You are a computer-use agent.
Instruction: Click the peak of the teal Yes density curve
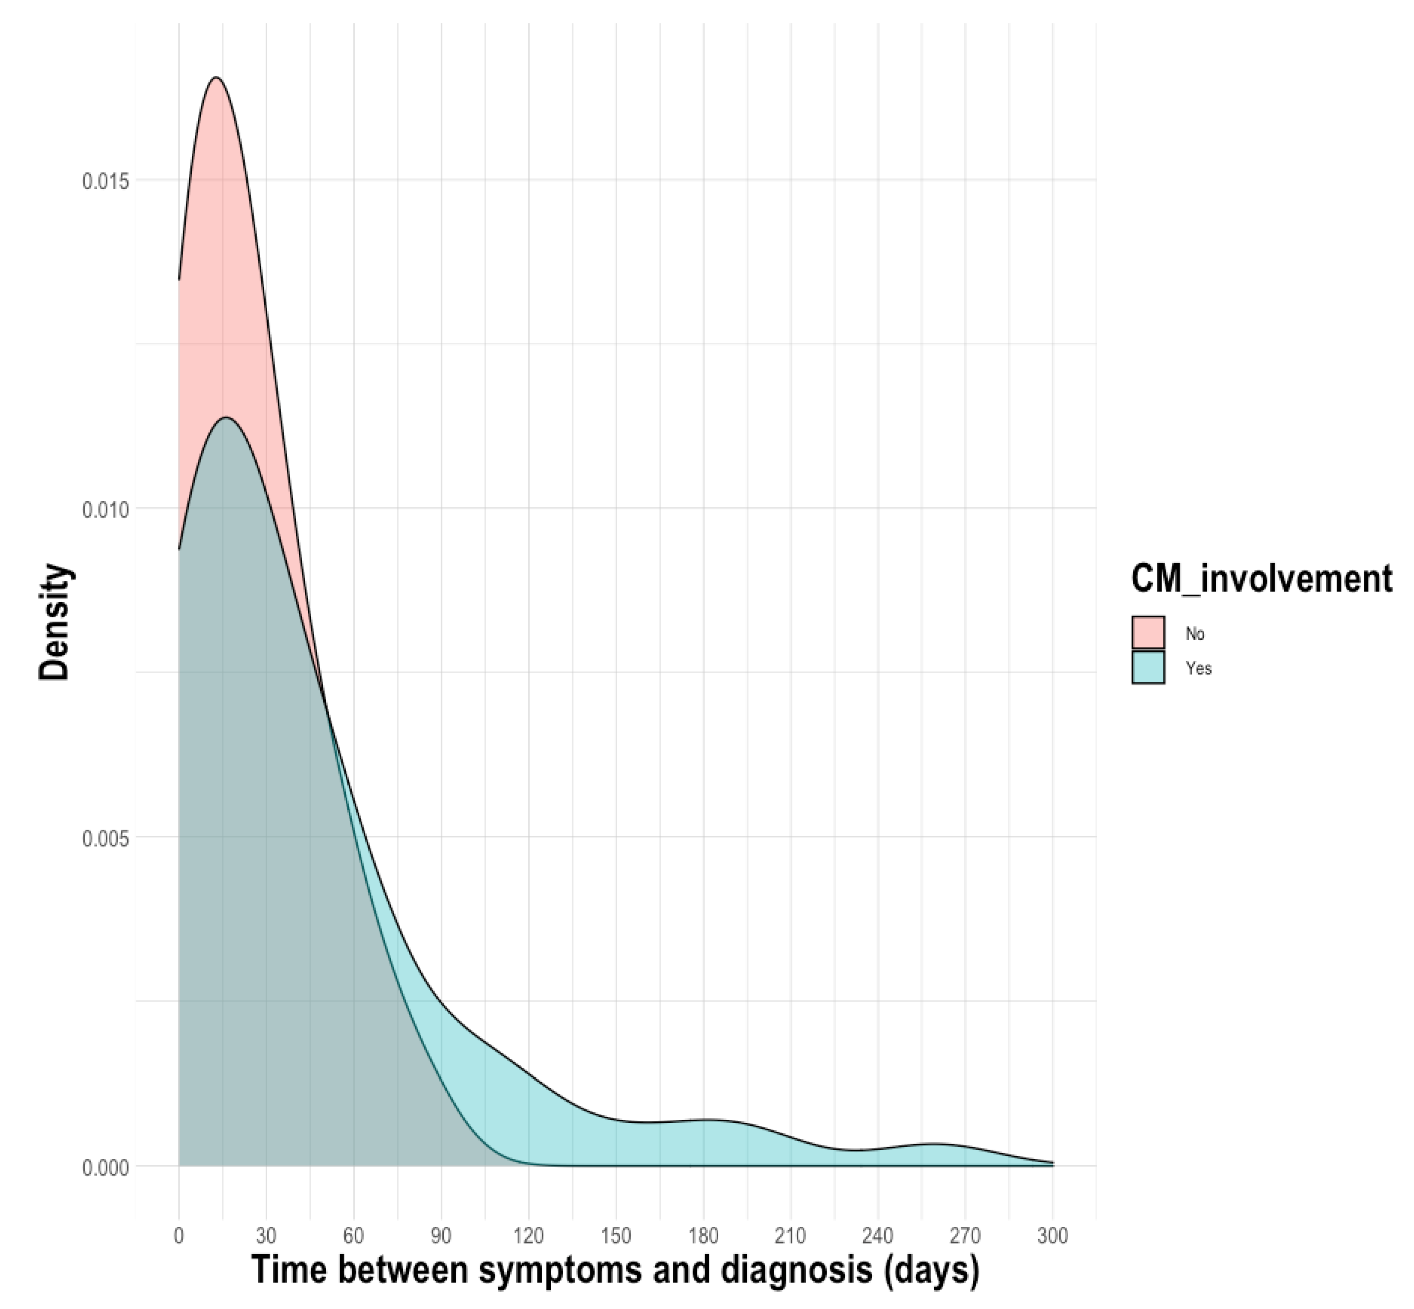[227, 418]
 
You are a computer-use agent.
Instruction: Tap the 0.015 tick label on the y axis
[106, 181]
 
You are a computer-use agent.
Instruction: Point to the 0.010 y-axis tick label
[106, 509]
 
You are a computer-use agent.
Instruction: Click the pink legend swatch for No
[1148, 633]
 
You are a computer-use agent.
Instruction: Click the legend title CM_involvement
[1261, 579]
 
